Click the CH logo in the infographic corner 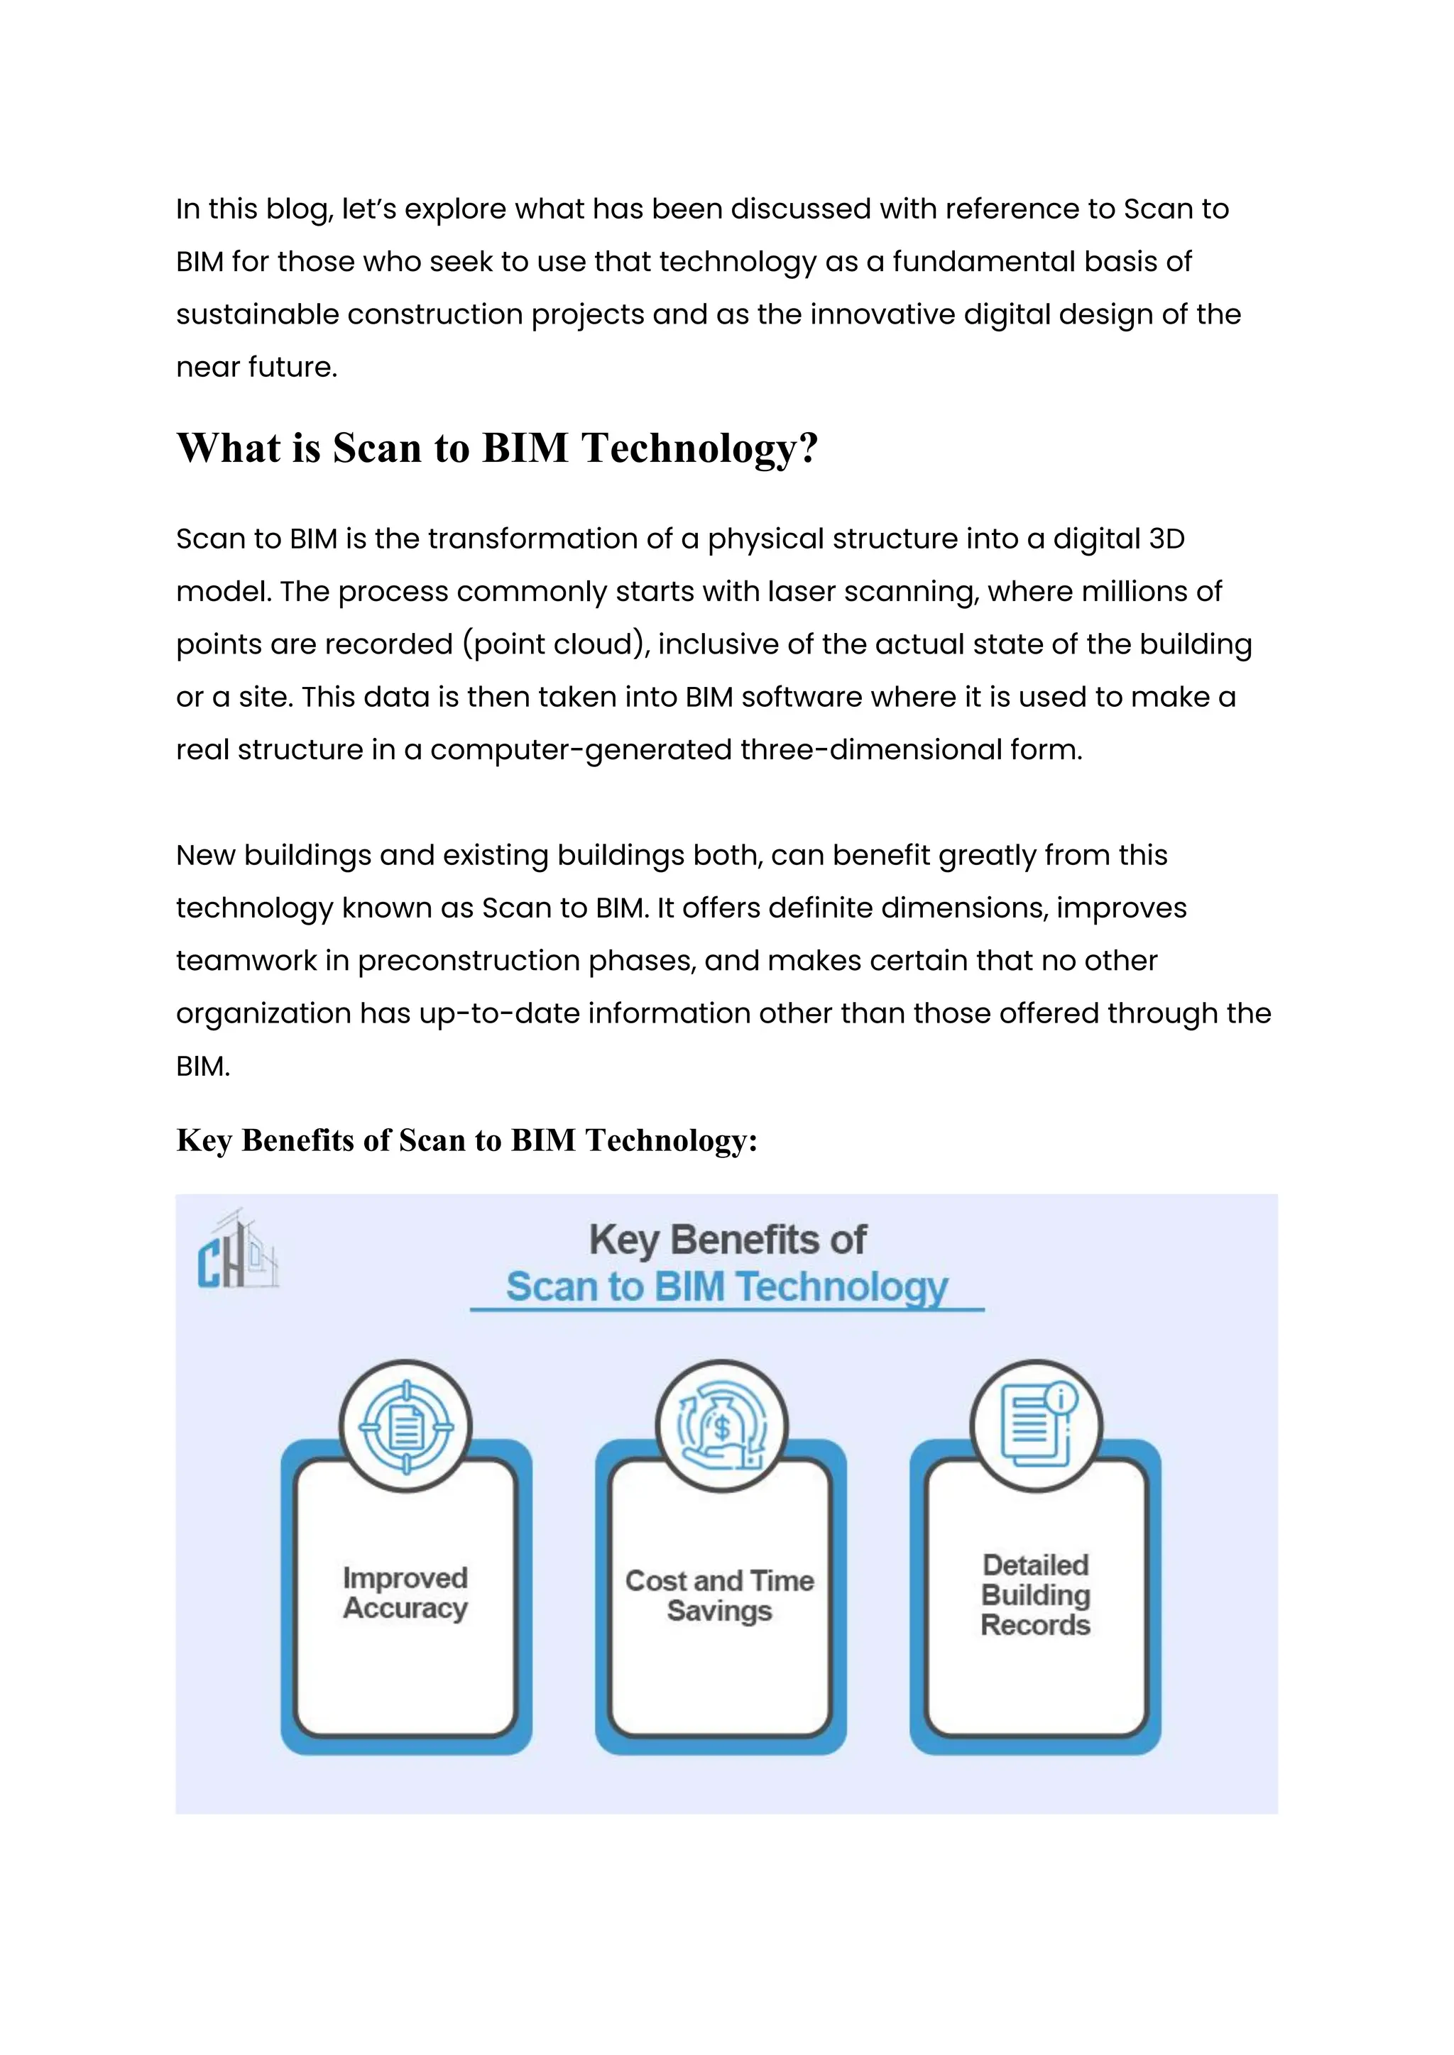[x=237, y=1250]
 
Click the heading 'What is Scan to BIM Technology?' [x=497, y=448]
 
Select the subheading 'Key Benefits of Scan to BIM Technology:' [x=466, y=1140]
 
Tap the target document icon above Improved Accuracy [x=405, y=1427]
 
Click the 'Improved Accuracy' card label [x=405, y=1593]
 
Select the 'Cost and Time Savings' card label [x=720, y=1596]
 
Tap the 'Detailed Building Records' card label [x=1036, y=1595]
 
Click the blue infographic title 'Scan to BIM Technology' [x=726, y=1287]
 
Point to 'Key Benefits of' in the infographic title [x=727, y=1240]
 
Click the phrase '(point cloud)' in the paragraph [x=556, y=644]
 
